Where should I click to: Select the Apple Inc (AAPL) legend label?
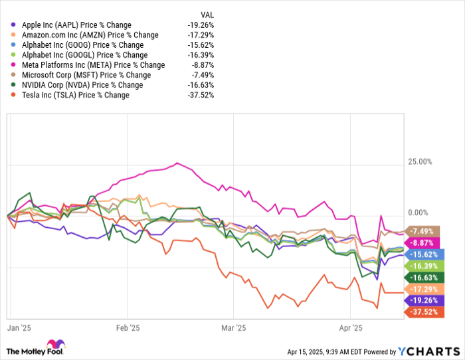click(x=74, y=25)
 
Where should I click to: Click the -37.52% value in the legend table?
click(x=200, y=95)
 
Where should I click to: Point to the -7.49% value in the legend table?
click(x=202, y=75)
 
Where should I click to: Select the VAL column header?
click(x=207, y=15)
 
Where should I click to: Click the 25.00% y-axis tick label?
click(x=419, y=161)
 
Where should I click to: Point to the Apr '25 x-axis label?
click(x=350, y=327)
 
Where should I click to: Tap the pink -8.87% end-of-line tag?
click(x=422, y=242)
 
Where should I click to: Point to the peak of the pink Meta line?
click(x=177, y=163)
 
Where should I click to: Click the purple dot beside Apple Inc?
click(x=14, y=25)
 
